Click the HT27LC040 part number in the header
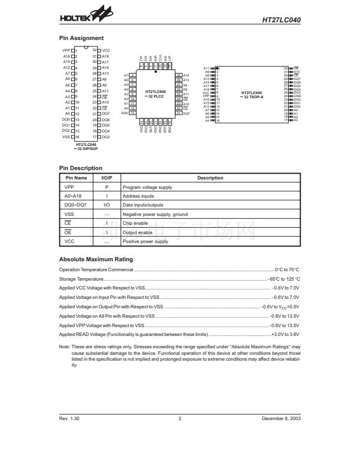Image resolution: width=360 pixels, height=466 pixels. coord(282,19)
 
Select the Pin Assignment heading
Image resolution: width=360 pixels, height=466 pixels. coord(82,38)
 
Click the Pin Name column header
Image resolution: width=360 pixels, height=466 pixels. coord(76,178)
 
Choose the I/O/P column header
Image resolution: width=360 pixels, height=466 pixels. coord(106,178)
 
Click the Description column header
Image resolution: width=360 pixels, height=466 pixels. coord(210,178)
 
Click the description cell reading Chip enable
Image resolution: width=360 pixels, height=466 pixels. coord(136,223)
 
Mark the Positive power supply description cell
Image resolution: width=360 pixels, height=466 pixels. coord(145,242)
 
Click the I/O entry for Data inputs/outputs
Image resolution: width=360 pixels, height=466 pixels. coord(106,205)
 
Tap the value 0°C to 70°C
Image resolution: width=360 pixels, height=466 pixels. coord(287,269)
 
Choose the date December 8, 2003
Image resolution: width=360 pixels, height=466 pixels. coord(281,418)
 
